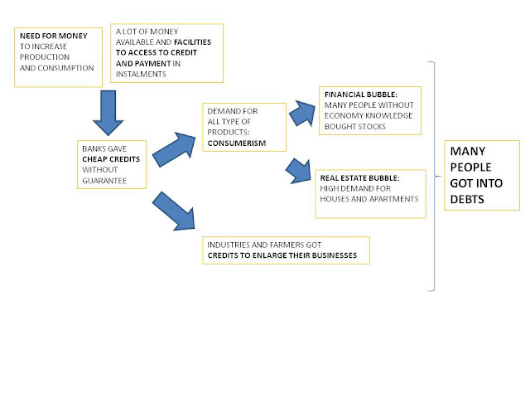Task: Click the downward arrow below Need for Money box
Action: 108,113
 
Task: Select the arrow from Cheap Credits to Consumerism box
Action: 174,149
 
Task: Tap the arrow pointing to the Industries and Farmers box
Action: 174,211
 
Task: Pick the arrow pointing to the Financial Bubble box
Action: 301,113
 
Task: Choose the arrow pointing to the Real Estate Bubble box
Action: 298,172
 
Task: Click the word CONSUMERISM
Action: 237,143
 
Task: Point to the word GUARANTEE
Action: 104,181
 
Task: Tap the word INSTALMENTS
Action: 141,74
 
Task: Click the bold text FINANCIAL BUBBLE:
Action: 361,95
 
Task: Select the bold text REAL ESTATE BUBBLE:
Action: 359,178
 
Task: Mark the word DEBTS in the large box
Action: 467,199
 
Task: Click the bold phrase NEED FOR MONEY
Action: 53,36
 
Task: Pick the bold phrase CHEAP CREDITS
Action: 111,159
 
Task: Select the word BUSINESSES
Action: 335,255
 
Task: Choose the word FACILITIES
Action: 192,42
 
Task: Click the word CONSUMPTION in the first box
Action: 65,68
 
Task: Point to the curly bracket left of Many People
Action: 434,177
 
